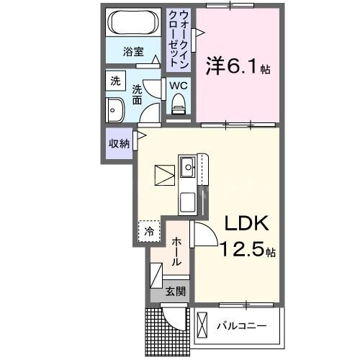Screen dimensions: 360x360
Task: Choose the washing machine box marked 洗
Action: coord(115,82)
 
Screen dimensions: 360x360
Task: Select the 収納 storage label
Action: coord(118,143)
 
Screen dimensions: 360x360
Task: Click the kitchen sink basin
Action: coord(188,168)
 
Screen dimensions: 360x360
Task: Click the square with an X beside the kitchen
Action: coord(163,175)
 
